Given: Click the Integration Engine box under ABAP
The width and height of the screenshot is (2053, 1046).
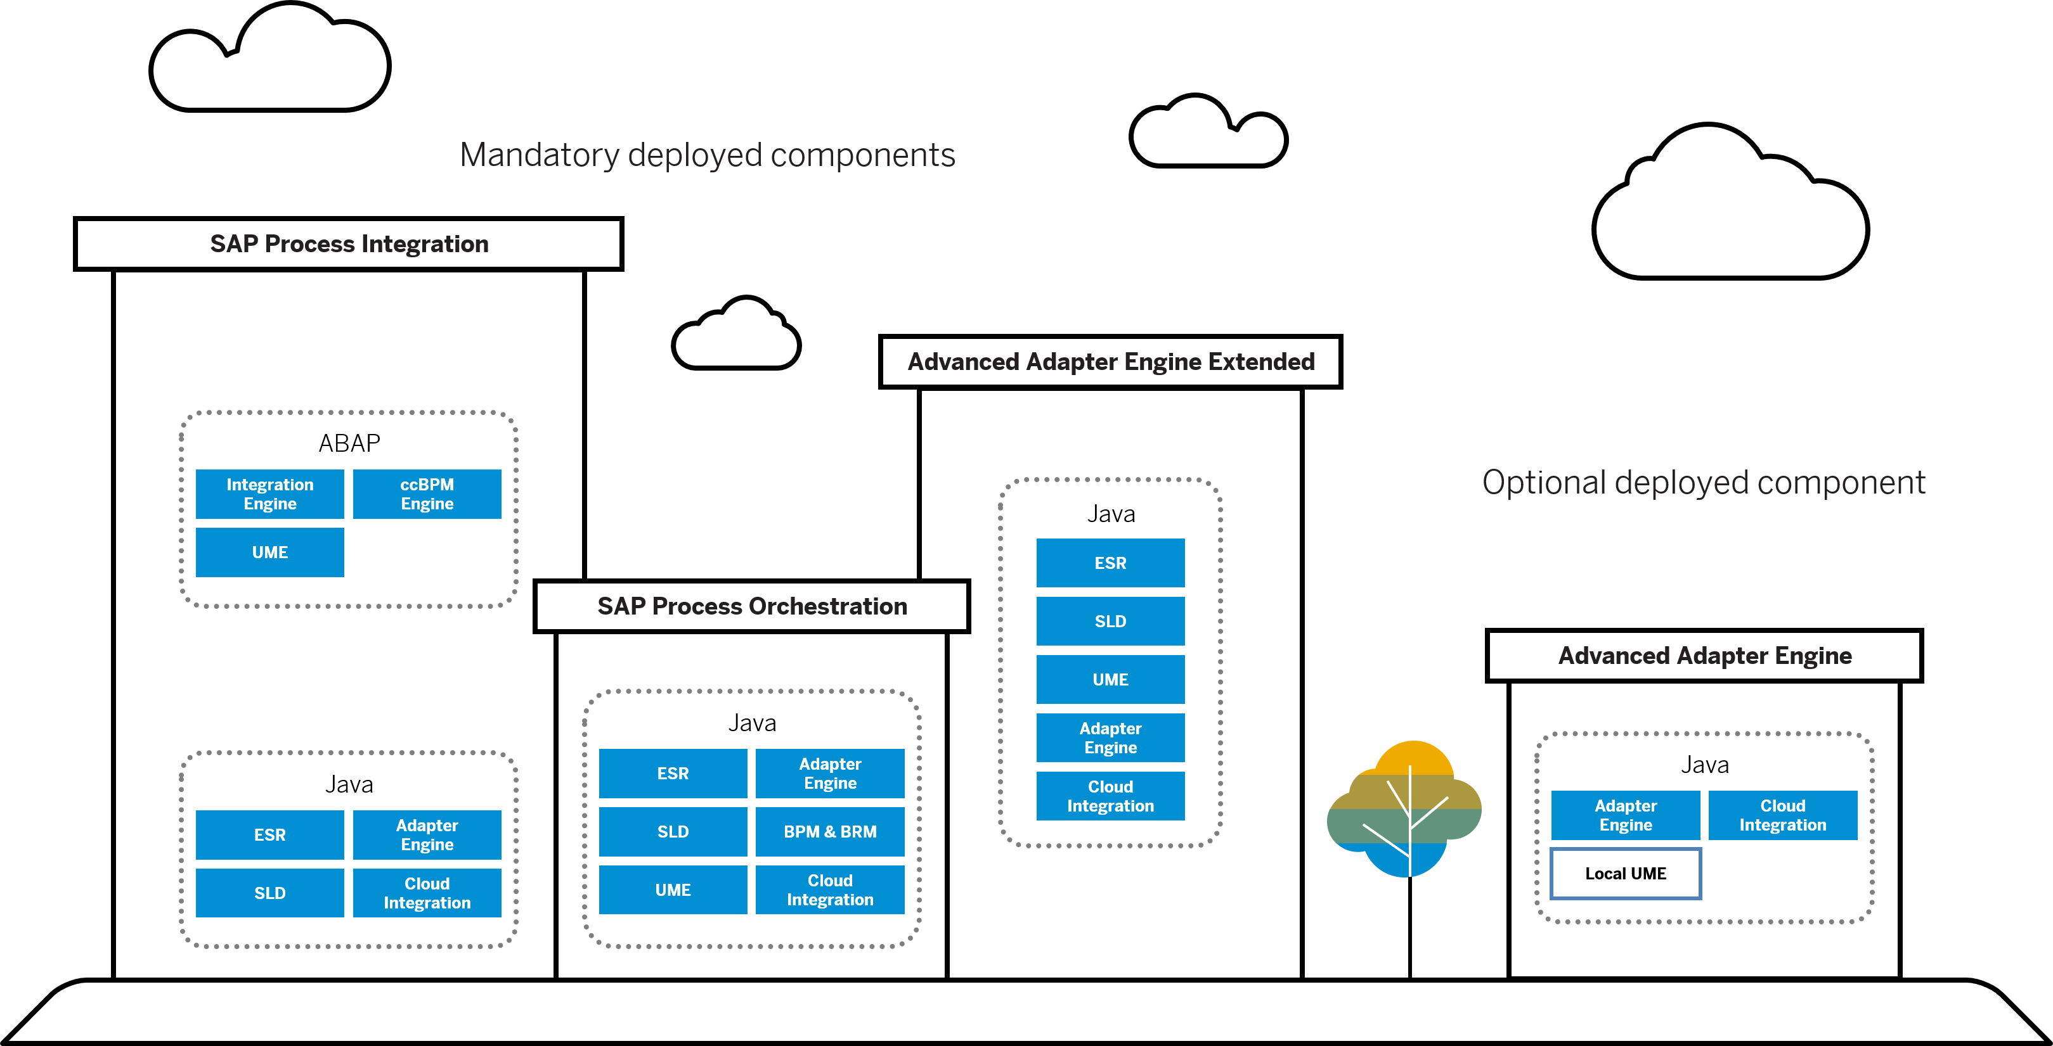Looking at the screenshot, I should (x=269, y=494).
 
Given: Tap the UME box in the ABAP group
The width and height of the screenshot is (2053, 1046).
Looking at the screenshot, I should (x=269, y=552).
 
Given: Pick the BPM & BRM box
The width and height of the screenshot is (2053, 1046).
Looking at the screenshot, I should (x=830, y=832).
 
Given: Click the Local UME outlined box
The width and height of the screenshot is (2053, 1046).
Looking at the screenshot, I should (x=1625, y=874).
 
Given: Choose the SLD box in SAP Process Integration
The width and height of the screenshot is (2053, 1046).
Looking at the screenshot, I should (x=269, y=893).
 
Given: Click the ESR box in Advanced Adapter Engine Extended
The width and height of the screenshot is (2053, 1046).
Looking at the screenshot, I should (x=1110, y=563).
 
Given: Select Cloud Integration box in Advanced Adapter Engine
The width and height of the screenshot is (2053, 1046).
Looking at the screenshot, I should (x=1782, y=815).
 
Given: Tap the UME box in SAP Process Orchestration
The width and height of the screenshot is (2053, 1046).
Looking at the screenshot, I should (x=673, y=890).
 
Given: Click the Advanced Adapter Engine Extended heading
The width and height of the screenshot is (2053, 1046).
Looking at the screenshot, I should (x=1110, y=362).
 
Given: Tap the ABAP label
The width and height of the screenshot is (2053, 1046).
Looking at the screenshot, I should (x=349, y=443).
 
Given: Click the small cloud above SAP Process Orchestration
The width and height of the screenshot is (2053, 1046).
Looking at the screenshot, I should (x=736, y=336).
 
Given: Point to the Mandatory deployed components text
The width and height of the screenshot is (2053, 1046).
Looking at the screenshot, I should (x=707, y=155).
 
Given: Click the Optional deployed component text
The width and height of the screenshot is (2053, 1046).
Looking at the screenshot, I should (x=1703, y=483).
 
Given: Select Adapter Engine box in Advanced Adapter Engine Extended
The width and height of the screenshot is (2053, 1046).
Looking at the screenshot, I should (x=1110, y=737).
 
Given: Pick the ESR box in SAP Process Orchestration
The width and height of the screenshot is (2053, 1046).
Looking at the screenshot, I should (x=673, y=774).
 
